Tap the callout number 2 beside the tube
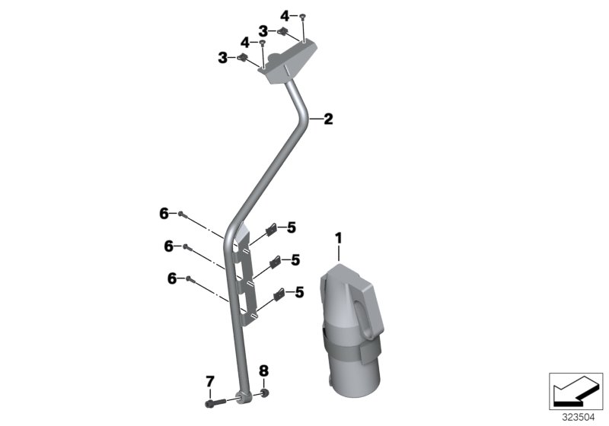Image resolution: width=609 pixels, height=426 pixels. (x=328, y=119)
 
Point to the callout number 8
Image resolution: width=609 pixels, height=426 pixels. (x=264, y=372)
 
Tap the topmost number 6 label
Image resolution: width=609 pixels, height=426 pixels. (x=164, y=215)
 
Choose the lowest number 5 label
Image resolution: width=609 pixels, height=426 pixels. (x=299, y=291)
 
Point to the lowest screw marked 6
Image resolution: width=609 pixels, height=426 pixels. (x=190, y=279)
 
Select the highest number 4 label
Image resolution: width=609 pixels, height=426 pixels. (x=285, y=15)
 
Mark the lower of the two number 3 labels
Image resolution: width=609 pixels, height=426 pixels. (x=223, y=57)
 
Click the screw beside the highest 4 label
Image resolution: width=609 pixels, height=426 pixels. (x=303, y=15)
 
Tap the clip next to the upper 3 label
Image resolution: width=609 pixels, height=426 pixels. (x=281, y=31)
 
